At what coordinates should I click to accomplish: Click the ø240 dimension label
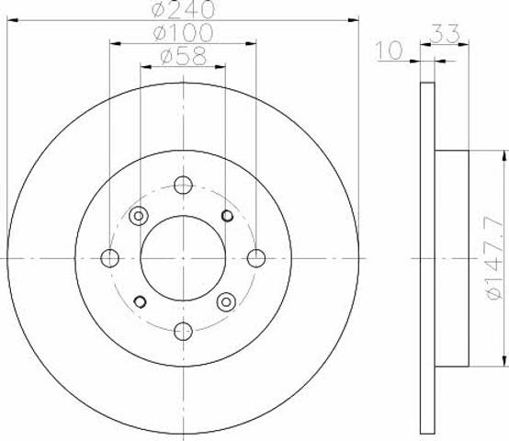click(184, 9)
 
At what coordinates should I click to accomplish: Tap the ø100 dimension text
click(184, 32)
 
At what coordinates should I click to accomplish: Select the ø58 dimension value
click(184, 56)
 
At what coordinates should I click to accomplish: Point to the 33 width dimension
click(446, 33)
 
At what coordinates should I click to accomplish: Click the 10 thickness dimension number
click(390, 51)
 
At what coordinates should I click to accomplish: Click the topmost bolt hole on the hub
click(184, 185)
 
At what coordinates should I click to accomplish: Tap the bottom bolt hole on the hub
click(184, 332)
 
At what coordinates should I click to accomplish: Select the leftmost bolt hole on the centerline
click(109, 258)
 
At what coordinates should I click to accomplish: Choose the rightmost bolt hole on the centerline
click(256, 258)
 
